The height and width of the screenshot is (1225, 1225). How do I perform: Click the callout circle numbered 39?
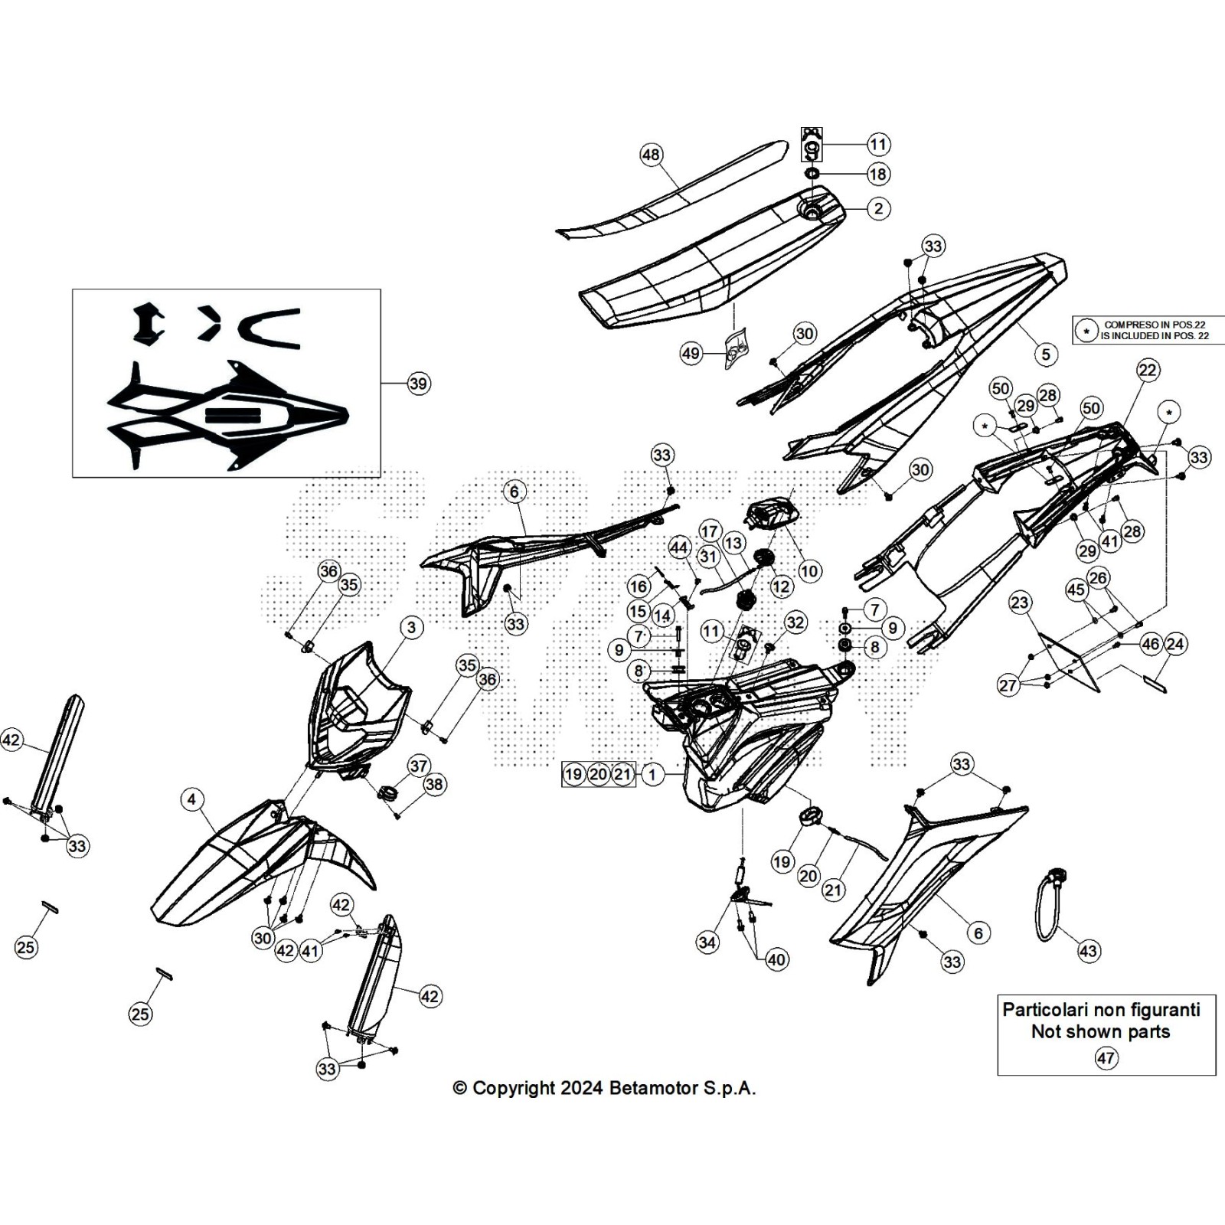(418, 383)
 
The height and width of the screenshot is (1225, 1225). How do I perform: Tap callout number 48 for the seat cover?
(651, 155)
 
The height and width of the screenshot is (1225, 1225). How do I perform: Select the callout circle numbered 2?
(878, 207)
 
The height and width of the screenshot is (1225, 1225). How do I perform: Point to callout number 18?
(878, 174)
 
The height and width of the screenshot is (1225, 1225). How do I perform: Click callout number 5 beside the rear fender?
(1046, 354)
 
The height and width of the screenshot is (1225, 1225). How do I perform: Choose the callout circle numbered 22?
(1147, 370)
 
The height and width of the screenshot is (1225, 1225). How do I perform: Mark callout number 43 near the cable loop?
(1088, 951)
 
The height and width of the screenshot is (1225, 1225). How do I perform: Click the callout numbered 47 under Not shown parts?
(1106, 1057)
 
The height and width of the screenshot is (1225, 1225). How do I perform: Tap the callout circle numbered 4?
(191, 800)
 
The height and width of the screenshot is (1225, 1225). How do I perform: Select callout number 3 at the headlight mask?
(412, 628)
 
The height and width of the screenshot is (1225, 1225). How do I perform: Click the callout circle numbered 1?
(652, 774)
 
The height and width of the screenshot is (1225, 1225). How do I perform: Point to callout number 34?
(707, 942)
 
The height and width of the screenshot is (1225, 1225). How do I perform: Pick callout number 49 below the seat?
(691, 353)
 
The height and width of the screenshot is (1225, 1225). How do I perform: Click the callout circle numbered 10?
(809, 570)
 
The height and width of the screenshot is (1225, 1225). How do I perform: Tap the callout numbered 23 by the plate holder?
(1020, 602)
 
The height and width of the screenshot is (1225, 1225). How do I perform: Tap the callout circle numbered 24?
(1174, 644)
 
